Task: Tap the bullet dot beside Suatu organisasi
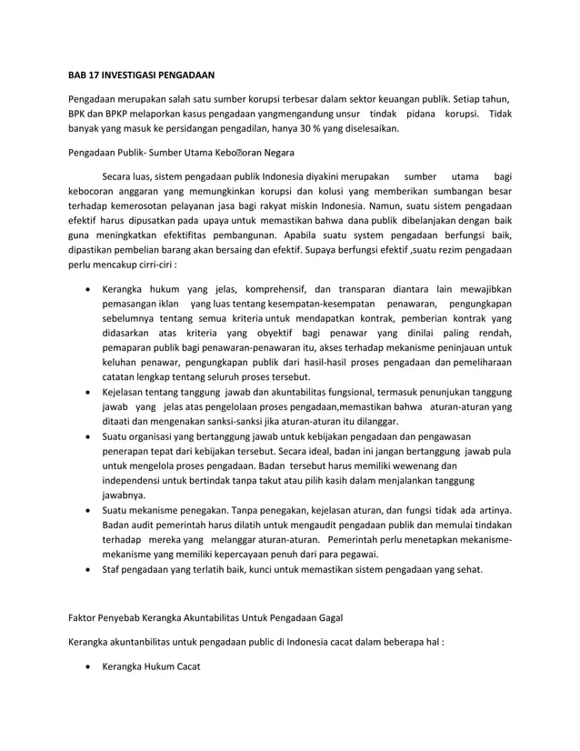(x=86, y=437)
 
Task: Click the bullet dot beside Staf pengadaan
(x=86, y=570)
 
